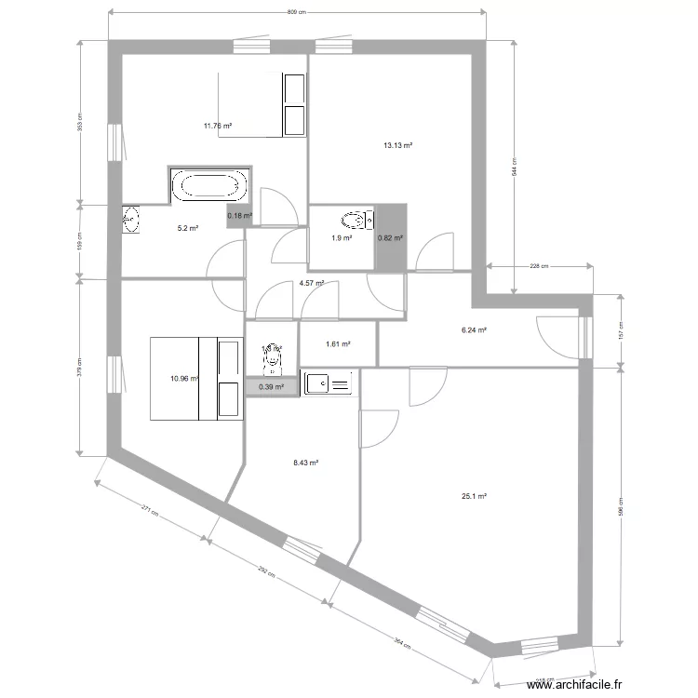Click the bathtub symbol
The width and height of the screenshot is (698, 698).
(x=208, y=185)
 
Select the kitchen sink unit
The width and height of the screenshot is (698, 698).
(x=329, y=383)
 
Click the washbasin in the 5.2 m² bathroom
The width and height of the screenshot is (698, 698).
(x=130, y=220)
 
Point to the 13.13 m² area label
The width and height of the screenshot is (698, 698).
(x=398, y=145)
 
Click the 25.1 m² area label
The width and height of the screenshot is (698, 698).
(x=474, y=496)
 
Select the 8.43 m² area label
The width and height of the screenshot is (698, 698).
(x=306, y=462)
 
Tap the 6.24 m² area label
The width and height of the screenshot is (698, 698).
(x=476, y=329)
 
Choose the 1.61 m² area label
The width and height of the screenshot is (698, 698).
(x=338, y=343)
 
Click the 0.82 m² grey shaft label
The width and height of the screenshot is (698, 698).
(x=390, y=238)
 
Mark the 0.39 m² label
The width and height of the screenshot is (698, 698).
(x=273, y=386)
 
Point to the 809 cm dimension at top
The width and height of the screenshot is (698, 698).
(x=296, y=12)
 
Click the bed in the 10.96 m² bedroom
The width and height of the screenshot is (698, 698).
(x=195, y=378)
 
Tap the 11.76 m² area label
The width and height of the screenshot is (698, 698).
(x=218, y=126)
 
